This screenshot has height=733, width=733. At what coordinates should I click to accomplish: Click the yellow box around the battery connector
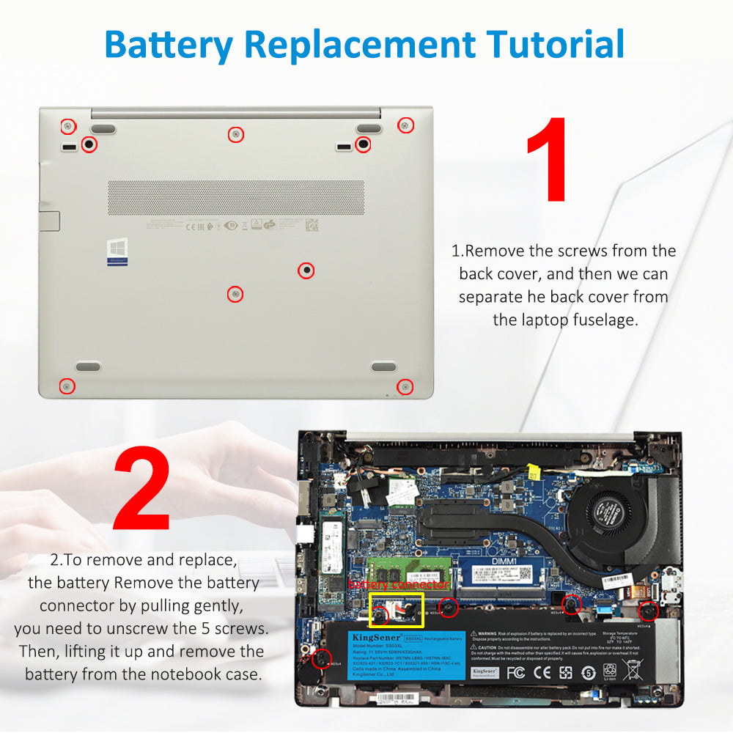(x=397, y=611)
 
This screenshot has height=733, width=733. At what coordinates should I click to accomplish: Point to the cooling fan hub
(x=606, y=507)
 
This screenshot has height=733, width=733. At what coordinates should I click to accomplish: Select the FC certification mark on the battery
(x=515, y=671)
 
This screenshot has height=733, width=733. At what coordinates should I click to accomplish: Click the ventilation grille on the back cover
(x=236, y=197)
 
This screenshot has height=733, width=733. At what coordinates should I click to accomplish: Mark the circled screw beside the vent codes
(x=306, y=270)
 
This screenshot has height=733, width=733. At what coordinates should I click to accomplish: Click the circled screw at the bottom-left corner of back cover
(x=67, y=386)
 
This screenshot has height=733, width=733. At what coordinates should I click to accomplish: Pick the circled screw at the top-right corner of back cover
(x=404, y=125)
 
